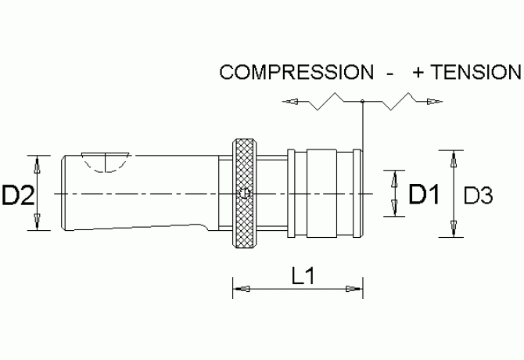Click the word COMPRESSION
pyautogui.click(x=296, y=72)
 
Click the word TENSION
pyautogui.click(x=476, y=72)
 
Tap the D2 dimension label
pyautogui.click(x=18, y=196)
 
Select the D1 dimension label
pyautogui.click(x=424, y=194)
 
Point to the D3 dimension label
pyautogui.click(x=478, y=196)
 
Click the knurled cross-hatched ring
pyautogui.click(x=246, y=193)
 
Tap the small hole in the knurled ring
pyautogui.click(x=245, y=193)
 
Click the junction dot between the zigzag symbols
pyautogui.click(x=363, y=101)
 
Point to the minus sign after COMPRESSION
pyautogui.click(x=389, y=74)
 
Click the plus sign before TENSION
pyautogui.click(x=418, y=73)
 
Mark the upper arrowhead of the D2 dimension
pyautogui.click(x=38, y=164)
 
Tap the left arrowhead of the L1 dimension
pyautogui.click(x=242, y=289)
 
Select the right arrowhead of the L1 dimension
pyautogui.click(x=354, y=289)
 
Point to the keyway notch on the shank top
pyautogui.click(x=106, y=163)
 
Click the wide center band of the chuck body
pyautogui.click(x=321, y=193)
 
